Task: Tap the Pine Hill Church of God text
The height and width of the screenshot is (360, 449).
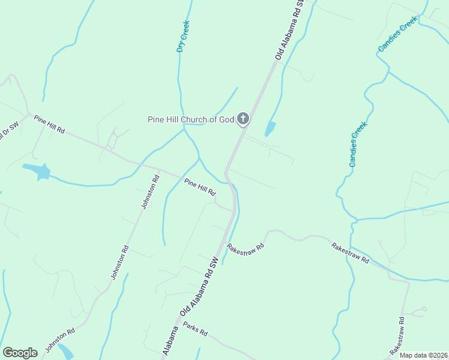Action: point(190,119)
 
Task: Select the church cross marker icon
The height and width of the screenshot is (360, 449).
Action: point(243,118)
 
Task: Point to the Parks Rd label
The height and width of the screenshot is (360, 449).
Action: point(195,329)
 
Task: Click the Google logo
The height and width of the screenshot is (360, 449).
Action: point(20,353)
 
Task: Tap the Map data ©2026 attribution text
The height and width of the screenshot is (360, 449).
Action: point(424,355)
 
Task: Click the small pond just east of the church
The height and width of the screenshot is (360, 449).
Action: point(270,128)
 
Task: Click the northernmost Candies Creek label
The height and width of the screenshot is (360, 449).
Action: point(397,34)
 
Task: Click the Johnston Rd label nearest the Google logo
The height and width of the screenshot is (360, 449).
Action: point(58,340)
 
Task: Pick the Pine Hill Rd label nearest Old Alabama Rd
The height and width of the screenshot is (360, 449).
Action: point(199,187)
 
